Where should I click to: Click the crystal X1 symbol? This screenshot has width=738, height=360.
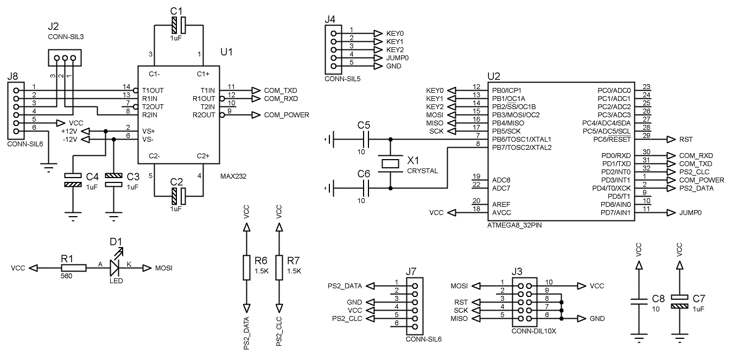pyautogui.click(x=390, y=163)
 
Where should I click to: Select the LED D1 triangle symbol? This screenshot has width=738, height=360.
pyautogui.click(x=114, y=268)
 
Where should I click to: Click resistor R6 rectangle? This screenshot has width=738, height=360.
pyautogui.click(x=246, y=267)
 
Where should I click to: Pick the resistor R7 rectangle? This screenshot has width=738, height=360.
pyautogui.click(x=279, y=267)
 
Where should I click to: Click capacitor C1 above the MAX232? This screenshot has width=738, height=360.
pyautogui.click(x=179, y=25)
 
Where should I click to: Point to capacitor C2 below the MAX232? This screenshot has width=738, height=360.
pyautogui.click(x=179, y=196)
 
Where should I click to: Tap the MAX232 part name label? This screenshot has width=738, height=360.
pyautogui.click(x=233, y=176)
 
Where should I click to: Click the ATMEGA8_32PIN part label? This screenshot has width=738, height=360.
pyautogui.click(x=514, y=225)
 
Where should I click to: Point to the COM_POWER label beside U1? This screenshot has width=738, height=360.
pyautogui.click(x=287, y=115)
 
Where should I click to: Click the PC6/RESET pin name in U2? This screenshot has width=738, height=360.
pyautogui.click(x=612, y=140)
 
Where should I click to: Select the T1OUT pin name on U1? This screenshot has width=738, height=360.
pyautogui.click(x=153, y=90)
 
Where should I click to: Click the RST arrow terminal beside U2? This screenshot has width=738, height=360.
pyautogui.click(x=671, y=140)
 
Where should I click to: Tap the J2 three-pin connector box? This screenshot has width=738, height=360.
pyautogui.click(x=65, y=58)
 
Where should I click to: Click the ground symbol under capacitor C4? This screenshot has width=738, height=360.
pyautogui.click(x=73, y=216)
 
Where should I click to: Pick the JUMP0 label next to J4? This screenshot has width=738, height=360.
pyautogui.click(x=397, y=58)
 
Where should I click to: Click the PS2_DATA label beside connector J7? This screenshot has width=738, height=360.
pyautogui.click(x=345, y=286)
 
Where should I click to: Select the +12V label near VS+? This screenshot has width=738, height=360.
pyautogui.click(x=69, y=131)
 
